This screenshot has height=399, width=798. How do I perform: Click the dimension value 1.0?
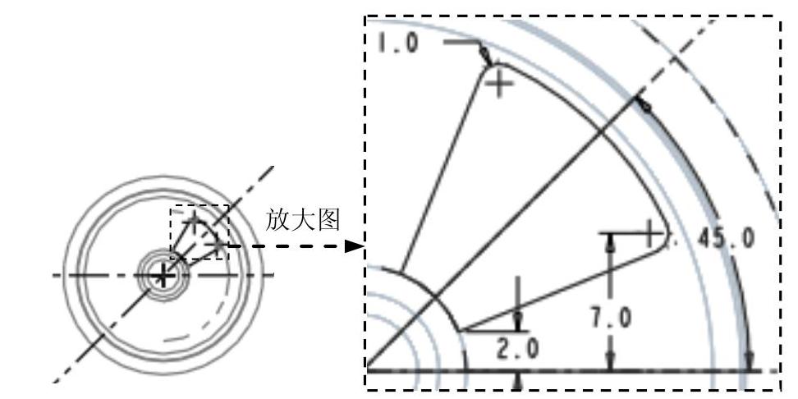[x=397, y=42]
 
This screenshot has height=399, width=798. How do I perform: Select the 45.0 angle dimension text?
[x=725, y=237]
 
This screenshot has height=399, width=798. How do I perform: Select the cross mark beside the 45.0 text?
[x=651, y=233]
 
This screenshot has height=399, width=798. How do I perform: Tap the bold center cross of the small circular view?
[x=163, y=276]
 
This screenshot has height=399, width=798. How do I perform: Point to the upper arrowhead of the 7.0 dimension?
[x=609, y=240]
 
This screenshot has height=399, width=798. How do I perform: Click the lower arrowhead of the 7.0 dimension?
[x=609, y=363]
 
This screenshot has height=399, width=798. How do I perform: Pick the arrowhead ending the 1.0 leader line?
[x=486, y=57]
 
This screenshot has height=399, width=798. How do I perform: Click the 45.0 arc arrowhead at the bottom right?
[x=749, y=361]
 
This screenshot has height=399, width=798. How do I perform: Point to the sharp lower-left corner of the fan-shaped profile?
[x=461, y=331]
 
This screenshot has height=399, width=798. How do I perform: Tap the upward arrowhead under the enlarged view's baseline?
[x=517, y=378]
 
